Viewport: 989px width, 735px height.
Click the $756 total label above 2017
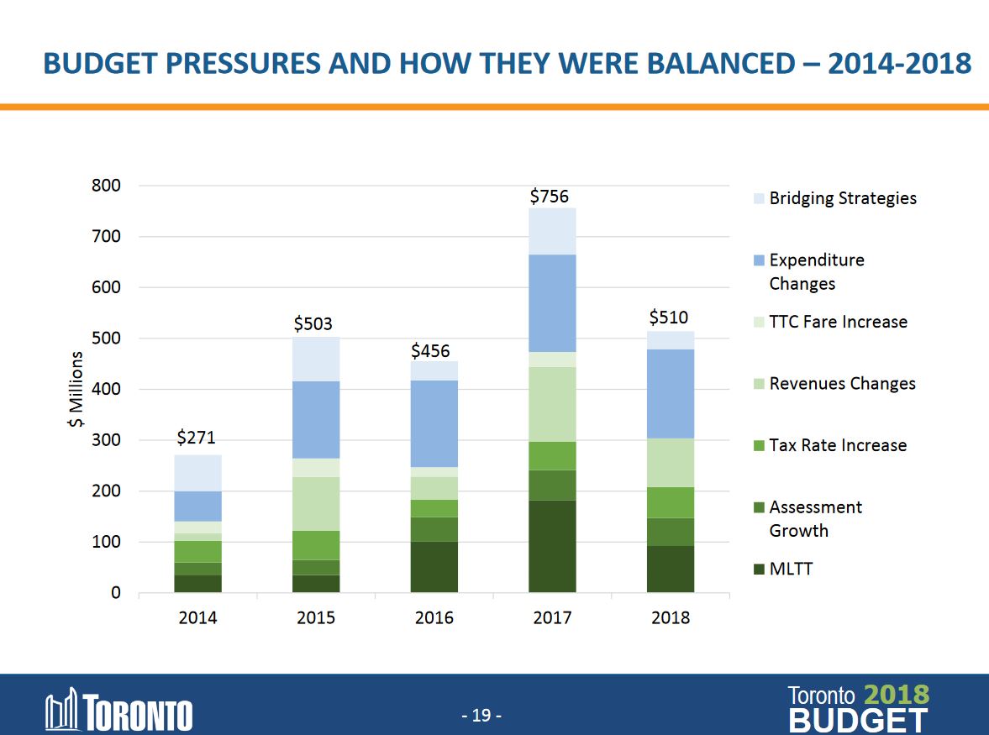click(x=549, y=197)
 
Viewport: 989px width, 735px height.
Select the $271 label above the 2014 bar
click(x=196, y=438)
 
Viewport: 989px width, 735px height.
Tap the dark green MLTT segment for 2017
click(x=552, y=546)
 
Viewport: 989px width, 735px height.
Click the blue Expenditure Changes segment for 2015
click(x=316, y=419)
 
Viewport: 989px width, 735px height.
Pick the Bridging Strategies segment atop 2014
click(x=197, y=473)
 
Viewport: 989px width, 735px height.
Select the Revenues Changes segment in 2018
click(x=671, y=462)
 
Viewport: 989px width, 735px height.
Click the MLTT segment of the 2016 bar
click(x=434, y=566)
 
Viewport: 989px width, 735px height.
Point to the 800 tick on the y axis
click(x=107, y=185)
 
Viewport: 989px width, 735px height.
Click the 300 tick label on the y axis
click(x=107, y=440)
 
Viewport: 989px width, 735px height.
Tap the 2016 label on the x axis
click(x=434, y=618)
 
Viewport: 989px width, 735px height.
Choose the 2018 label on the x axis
click(x=671, y=618)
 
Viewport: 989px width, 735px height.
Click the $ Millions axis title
click(x=76, y=389)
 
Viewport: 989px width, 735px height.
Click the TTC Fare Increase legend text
click(x=838, y=322)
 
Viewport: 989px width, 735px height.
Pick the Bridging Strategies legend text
click(x=843, y=198)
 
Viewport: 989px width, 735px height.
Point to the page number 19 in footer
click(x=481, y=716)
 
